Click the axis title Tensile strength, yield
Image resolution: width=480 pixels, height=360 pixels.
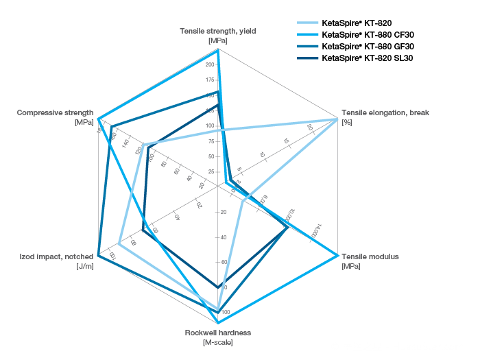click(217, 31)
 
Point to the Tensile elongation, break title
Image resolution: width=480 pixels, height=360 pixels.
click(385, 112)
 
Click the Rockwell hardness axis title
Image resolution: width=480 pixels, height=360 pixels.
click(217, 333)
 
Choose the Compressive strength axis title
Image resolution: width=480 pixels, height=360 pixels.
click(55, 112)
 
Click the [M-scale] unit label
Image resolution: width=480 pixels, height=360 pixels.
click(217, 342)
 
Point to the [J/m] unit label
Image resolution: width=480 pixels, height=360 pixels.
click(85, 266)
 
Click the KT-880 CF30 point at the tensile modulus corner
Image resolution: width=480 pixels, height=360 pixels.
click(337, 256)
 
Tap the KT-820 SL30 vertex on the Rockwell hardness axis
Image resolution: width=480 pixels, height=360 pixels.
click(217, 287)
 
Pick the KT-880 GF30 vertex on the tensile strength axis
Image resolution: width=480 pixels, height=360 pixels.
click(217, 91)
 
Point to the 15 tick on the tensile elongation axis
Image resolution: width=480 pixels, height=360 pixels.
click(286, 141)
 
